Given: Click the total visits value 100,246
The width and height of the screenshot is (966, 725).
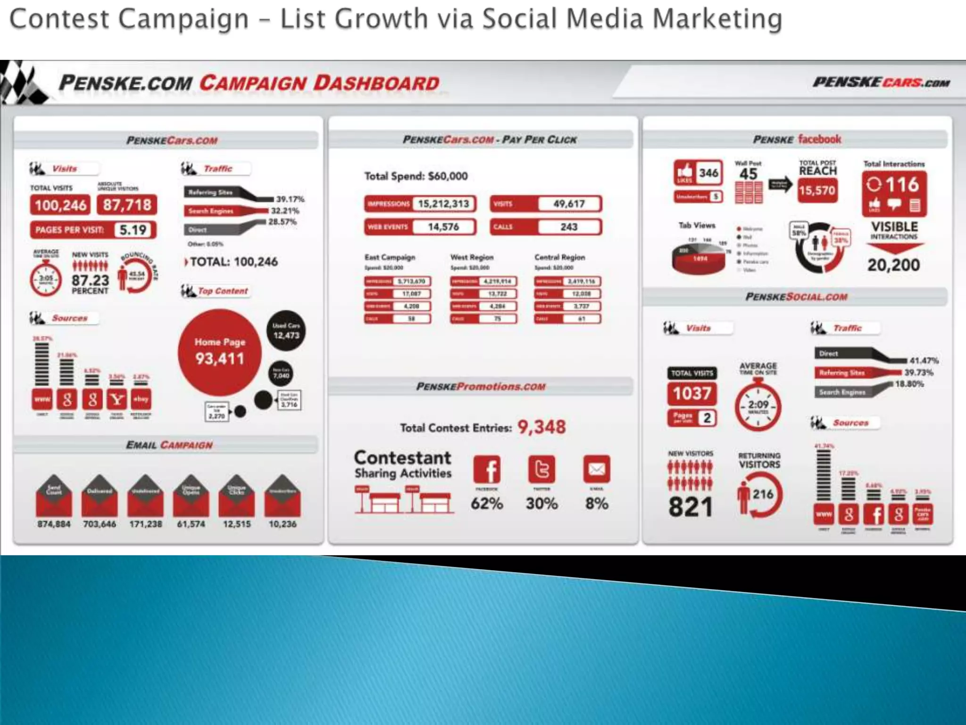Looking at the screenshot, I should [61, 205].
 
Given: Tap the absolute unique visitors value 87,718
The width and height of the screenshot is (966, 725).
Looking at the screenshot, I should [127, 205].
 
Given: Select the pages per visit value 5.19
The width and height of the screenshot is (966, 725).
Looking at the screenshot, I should [133, 230].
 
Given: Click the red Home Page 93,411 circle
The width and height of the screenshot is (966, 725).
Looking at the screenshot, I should [219, 352].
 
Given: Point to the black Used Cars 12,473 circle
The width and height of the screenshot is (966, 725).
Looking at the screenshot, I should [286, 331].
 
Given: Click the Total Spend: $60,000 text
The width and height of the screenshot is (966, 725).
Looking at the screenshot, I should [416, 176].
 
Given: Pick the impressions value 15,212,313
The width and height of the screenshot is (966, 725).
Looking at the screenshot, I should [443, 204].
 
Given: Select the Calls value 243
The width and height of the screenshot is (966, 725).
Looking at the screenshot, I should [569, 227].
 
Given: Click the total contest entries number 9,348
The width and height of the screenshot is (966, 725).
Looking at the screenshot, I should [541, 427].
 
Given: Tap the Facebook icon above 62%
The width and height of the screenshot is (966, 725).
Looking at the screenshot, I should [487, 469].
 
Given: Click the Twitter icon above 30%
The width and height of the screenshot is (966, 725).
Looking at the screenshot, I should [541, 469].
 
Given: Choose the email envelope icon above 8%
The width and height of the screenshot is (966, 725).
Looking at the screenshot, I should [597, 469].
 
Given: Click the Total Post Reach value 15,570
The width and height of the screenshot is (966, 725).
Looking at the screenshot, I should [817, 190].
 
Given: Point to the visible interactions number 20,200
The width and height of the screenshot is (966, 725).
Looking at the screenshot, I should [893, 265].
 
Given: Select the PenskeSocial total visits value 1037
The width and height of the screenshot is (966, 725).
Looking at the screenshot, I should [691, 393].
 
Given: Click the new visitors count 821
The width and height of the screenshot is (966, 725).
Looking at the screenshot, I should [690, 507].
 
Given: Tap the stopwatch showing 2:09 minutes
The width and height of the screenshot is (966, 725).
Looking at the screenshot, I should [758, 406].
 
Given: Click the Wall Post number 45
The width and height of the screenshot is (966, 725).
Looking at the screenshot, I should [748, 174].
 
